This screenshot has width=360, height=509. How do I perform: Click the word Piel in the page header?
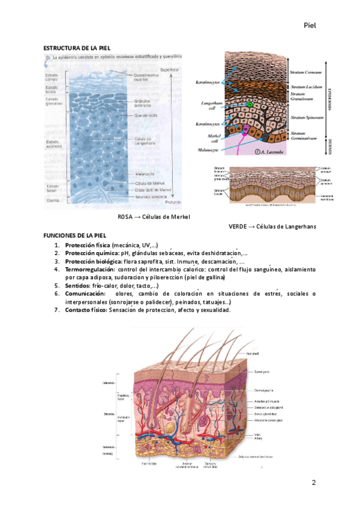click(x=310, y=25)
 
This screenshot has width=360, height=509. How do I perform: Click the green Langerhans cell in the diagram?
click(x=249, y=105)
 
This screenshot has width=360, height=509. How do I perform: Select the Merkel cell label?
click(x=209, y=135)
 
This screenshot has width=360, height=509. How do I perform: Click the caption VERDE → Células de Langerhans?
click(x=272, y=226)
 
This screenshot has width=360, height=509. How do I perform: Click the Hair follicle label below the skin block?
click(x=149, y=463)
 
